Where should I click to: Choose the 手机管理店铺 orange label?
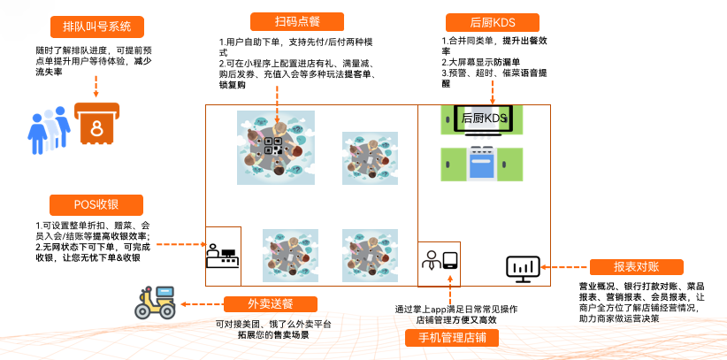tap(452, 338)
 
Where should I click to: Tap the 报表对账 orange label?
tap(636, 267)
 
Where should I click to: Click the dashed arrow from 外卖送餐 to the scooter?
tap(201, 304)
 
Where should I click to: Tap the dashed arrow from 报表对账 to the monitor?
tap(565, 267)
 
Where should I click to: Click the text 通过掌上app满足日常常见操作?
tap(455, 309)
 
